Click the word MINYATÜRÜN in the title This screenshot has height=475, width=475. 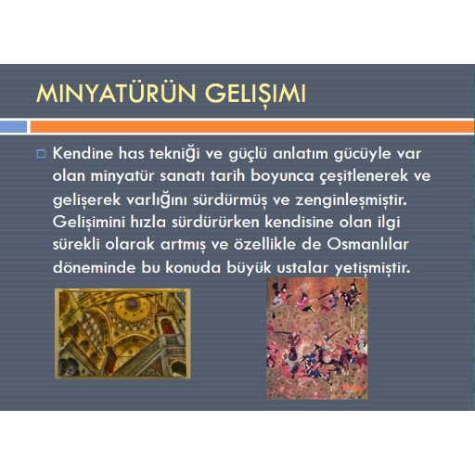116,93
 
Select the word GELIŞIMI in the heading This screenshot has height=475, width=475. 255,95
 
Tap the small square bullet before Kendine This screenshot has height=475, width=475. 41,154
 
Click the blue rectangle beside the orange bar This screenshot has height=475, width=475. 13,126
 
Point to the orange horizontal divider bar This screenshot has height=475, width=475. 252,126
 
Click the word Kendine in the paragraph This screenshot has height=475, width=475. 83,153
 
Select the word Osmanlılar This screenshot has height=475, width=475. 367,244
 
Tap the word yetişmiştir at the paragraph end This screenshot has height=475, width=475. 373,268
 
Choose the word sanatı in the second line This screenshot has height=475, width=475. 182,176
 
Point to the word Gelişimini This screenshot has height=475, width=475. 89,222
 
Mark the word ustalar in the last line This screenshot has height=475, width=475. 302,267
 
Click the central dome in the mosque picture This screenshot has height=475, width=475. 133,306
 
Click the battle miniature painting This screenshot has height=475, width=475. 317,339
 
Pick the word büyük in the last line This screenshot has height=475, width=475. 249,268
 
